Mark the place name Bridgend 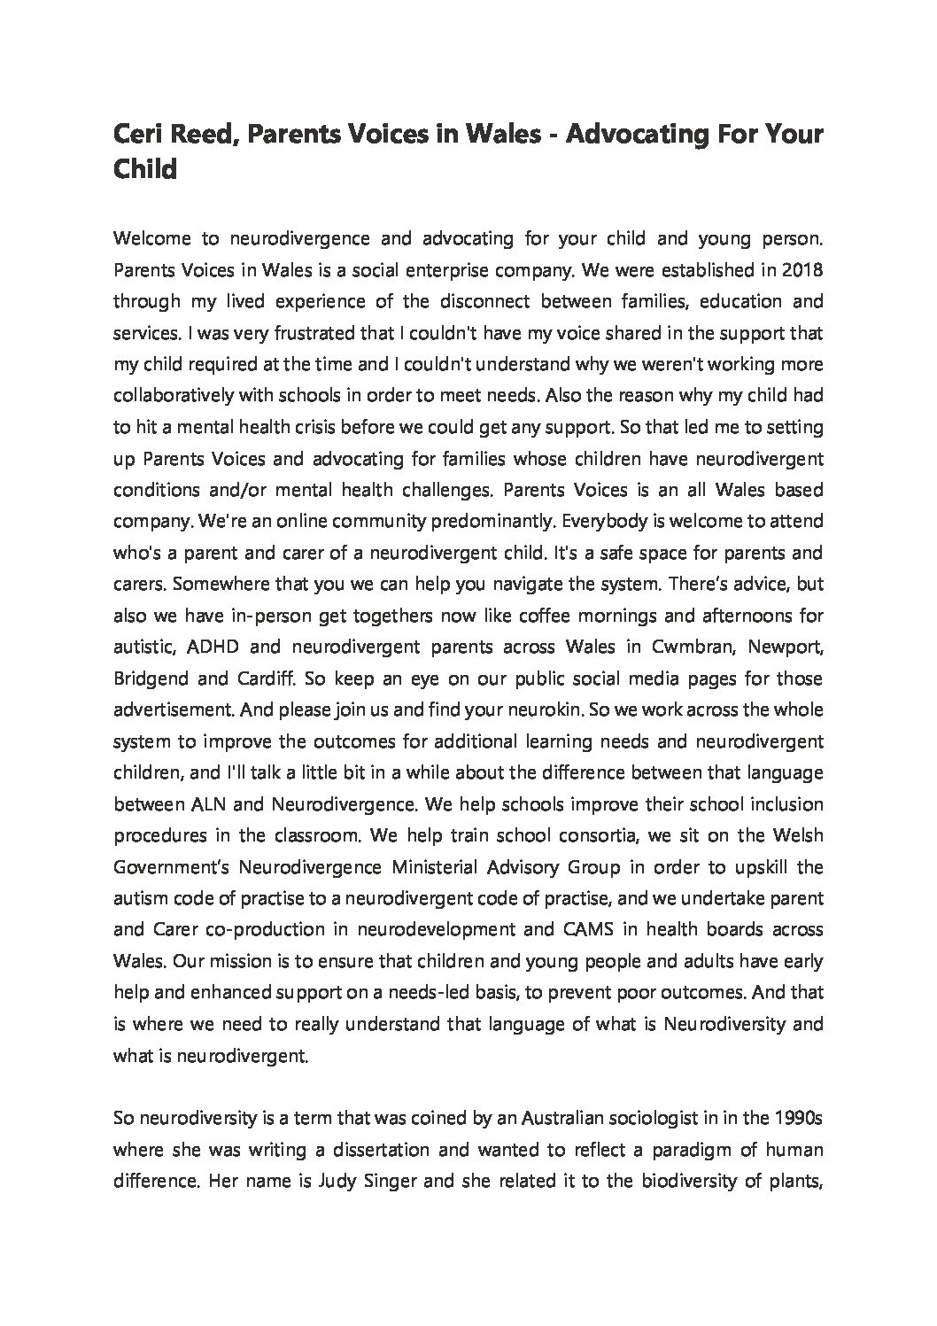(149, 679)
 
